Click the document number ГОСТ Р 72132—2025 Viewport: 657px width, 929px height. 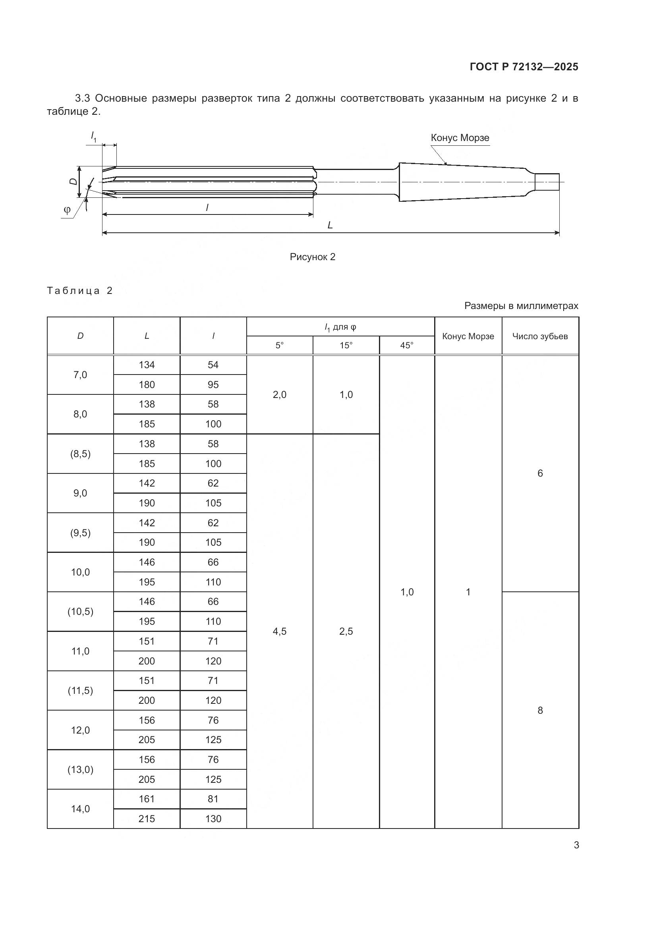524,67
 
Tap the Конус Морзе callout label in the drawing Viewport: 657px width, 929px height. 460,138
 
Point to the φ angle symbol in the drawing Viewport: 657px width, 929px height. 67,210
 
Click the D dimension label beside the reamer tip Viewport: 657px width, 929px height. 73,182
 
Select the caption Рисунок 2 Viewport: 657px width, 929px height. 312,257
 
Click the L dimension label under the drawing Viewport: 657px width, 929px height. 330,225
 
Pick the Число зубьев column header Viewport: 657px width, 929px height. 540,336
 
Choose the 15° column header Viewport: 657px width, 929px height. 346,346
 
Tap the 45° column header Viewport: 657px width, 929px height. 407,346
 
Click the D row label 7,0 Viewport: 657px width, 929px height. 80,375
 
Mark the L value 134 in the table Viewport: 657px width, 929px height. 147,365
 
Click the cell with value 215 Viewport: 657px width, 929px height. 147,819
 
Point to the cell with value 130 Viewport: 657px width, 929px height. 213,819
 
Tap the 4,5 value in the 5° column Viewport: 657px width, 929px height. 280,632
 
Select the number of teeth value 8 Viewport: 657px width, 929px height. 540,711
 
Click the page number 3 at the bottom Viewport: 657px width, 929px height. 576,845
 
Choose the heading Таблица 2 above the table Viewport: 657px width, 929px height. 80,291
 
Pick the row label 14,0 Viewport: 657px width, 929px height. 80,809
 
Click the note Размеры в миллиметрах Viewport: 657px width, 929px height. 521,306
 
